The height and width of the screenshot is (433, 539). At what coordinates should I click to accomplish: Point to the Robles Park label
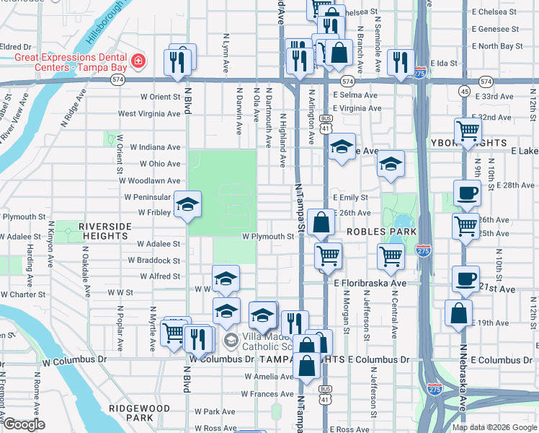point(381,232)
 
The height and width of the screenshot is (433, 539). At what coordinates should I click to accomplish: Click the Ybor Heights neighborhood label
point(497,142)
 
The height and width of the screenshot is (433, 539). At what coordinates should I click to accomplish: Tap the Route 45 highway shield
point(465,91)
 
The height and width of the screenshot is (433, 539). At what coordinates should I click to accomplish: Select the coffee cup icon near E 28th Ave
point(466,193)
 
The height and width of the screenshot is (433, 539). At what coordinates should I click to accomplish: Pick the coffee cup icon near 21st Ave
point(465,279)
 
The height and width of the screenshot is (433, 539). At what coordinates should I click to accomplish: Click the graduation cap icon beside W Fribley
point(187,207)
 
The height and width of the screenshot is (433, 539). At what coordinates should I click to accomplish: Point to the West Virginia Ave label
point(149,113)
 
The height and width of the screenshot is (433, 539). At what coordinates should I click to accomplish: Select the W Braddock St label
point(154,260)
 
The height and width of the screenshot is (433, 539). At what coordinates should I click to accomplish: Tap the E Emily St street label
point(350,197)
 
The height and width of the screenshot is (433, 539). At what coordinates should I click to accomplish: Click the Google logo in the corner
point(24,425)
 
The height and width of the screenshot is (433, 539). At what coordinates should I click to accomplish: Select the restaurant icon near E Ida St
point(398,63)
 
